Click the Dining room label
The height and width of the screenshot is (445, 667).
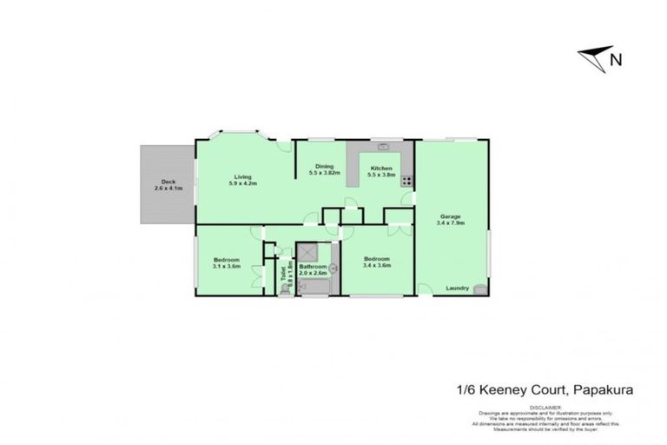tap(324, 167)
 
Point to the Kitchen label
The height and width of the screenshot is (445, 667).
tap(381, 168)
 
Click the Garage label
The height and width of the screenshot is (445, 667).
tap(449, 216)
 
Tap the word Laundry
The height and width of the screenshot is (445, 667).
tap(457, 288)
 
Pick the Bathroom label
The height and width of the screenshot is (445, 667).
tap(313, 267)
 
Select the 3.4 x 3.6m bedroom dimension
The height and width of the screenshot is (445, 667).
tap(377, 265)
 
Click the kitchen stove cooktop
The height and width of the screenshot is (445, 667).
tap(405, 183)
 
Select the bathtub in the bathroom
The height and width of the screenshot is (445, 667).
tap(312, 288)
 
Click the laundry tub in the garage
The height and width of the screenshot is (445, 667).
tap(480, 290)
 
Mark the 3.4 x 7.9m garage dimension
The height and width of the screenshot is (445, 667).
tap(450, 223)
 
